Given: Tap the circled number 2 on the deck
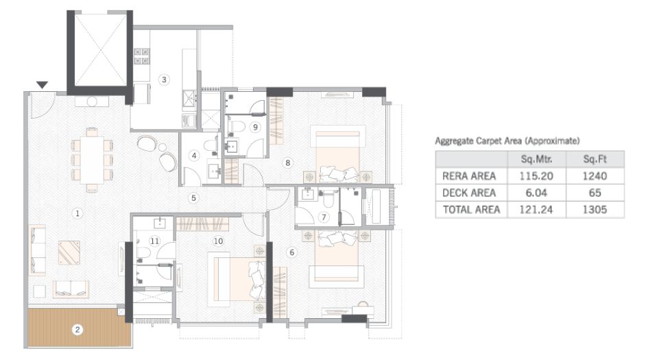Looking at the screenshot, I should click(77, 329).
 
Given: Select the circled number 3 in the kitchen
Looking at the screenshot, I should click(163, 80).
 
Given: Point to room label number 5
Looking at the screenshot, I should click(194, 198).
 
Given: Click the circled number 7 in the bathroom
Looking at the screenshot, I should click(324, 217).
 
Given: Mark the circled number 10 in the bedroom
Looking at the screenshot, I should click(218, 241).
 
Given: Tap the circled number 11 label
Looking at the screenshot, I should click(155, 241).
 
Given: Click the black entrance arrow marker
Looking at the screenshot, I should click(42, 85).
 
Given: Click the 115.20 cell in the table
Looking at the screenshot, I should click(537, 176).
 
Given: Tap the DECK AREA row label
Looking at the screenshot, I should click(469, 193).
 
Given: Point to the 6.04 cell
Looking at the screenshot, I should click(537, 193).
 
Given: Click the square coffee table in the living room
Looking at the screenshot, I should click(69, 252).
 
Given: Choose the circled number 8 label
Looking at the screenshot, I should click(288, 163).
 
